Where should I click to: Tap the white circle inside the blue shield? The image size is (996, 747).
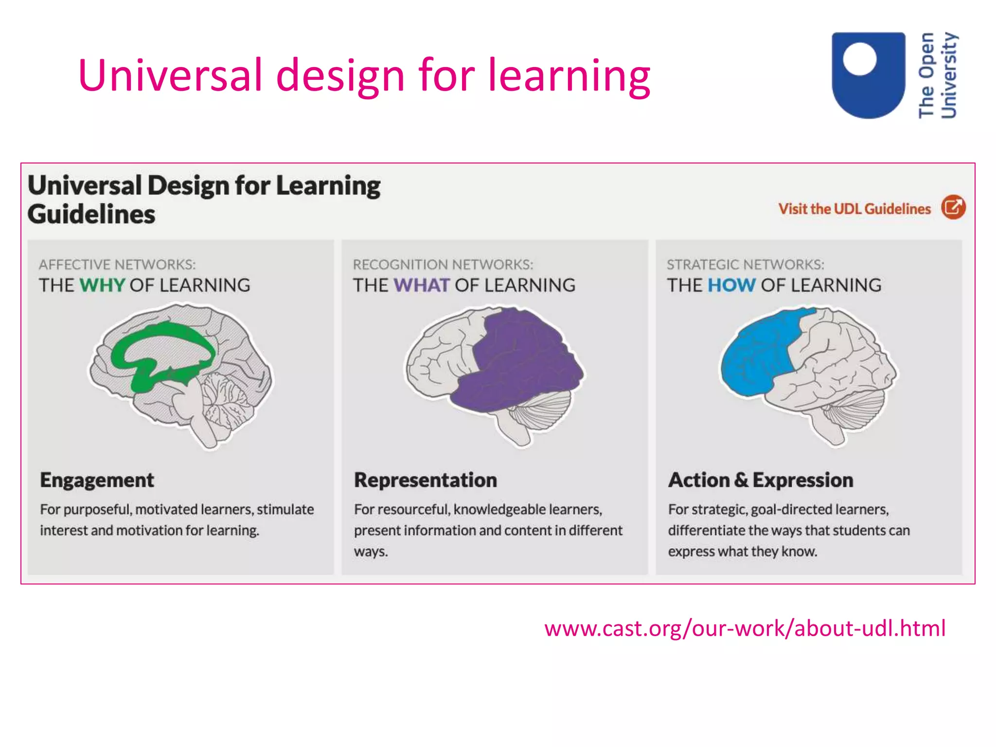859,59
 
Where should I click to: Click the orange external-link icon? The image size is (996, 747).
953,208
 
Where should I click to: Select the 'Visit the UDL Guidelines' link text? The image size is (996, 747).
854,209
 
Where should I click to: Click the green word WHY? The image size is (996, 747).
102,285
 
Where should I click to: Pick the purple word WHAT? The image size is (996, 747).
421,285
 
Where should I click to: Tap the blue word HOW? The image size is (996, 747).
731,285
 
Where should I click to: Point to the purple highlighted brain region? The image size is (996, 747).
520,365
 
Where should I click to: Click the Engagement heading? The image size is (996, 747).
97,480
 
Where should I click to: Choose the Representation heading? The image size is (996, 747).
426,480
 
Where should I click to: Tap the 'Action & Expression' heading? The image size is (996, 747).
761,480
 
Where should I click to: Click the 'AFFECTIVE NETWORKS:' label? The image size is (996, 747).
117,265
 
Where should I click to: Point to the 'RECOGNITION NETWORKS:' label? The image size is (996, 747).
443,265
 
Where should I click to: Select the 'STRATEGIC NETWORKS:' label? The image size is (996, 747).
746,265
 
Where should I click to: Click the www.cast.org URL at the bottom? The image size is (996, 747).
745,628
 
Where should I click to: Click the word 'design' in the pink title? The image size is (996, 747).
340,76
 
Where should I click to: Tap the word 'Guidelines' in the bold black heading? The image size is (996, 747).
91,214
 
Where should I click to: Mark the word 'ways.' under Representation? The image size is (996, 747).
371,552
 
